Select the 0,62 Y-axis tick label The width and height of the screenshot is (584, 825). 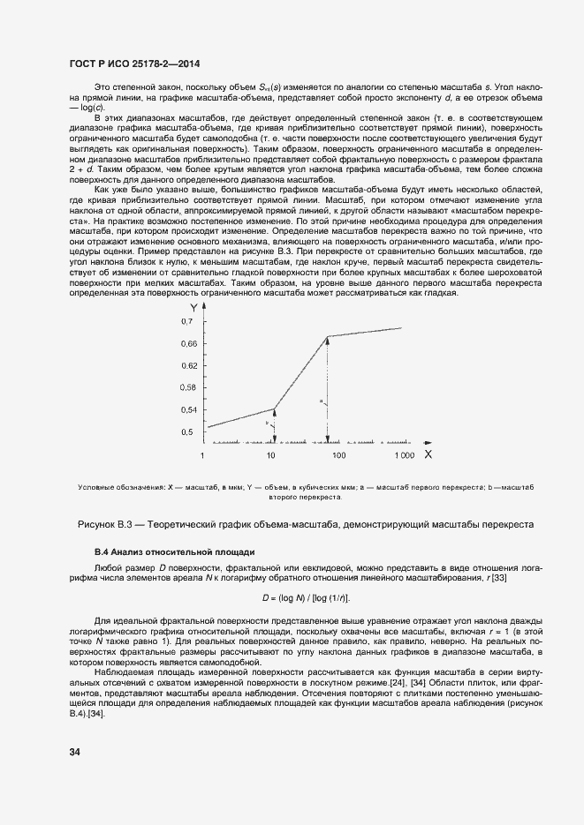[188, 364]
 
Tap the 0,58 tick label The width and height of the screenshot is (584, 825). [188, 387]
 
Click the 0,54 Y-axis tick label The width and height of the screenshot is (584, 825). [188, 410]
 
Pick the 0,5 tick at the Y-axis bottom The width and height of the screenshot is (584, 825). [186, 432]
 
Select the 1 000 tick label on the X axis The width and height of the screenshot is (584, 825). [404, 455]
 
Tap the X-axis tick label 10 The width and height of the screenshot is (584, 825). [271, 455]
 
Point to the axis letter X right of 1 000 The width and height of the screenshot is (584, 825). [428, 454]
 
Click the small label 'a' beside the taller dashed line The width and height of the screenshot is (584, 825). [322, 401]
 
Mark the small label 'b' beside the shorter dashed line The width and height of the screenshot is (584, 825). [267, 424]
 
